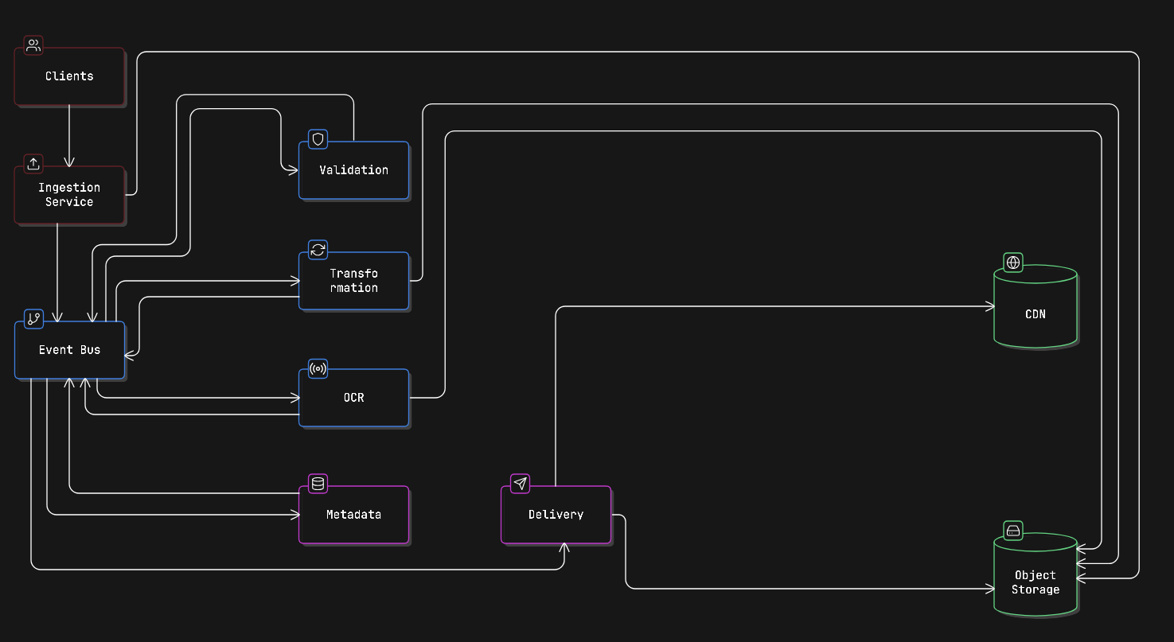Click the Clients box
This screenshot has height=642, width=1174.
click(69, 76)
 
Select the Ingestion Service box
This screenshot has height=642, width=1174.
click(69, 195)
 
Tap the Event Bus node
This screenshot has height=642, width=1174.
click(69, 350)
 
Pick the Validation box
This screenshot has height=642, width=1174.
click(353, 170)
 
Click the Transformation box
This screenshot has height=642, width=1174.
click(353, 281)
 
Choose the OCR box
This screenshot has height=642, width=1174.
click(353, 398)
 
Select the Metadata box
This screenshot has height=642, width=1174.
click(353, 515)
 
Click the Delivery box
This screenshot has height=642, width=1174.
click(556, 515)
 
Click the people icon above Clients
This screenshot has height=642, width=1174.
click(33, 45)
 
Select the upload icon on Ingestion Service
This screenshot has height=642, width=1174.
click(33, 164)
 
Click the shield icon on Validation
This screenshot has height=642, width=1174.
click(318, 139)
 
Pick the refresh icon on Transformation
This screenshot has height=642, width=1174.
click(318, 250)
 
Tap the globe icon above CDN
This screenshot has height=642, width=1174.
click(1013, 262)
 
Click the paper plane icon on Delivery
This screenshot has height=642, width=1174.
click(520, 484)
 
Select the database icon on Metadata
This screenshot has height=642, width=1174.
click(318, 484)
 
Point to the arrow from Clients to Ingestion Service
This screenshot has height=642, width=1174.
click(69, 135)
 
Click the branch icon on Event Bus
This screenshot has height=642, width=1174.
click(33, 319)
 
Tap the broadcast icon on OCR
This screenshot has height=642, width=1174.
click(318, 369)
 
